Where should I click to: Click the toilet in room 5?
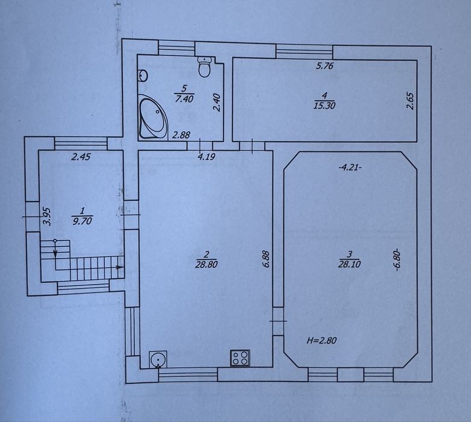click(205, 67)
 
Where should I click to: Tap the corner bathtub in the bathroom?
click(153, 118)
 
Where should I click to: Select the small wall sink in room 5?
click(143, 75)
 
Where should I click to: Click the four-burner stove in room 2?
click(240, 357)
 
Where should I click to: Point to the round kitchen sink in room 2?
click(158, 359)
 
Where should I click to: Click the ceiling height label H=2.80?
click(321, 341)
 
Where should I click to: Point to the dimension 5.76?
click(324, 66)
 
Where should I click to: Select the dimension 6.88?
click(267, 259)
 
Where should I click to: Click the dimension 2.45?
click(81, 157)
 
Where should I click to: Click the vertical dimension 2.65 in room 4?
click(410, 101)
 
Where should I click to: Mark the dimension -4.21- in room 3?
click(350, 168)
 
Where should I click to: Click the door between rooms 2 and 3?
click(278, 321)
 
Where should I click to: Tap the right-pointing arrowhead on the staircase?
click(120, 267)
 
